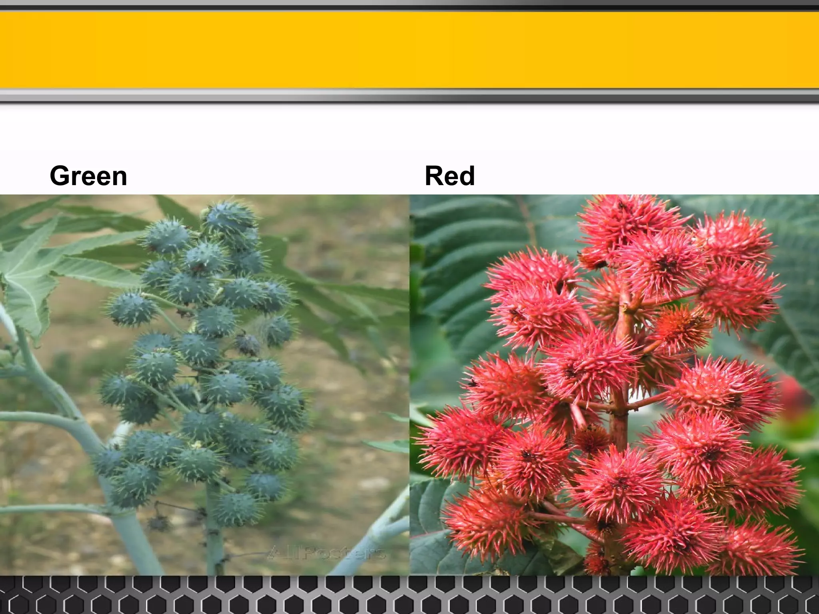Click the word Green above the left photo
pyautogui.click(x=88, y=176)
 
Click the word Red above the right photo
pyautogui.click(x=449, y=176)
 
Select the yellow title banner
pyautogui.click(x=409, y=50)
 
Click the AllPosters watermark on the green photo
pyautogui.click(x=326, y=553)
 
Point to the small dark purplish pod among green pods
pyautogui.click(x=248, y=345)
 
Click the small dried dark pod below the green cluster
pyautogui.click(x=158, y=523)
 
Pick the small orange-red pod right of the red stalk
pyautogui.click(x=680, y=328)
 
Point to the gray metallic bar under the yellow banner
pyautogui.click(x=409, y=96)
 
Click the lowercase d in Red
pyautogui.click(x=466, y=176)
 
